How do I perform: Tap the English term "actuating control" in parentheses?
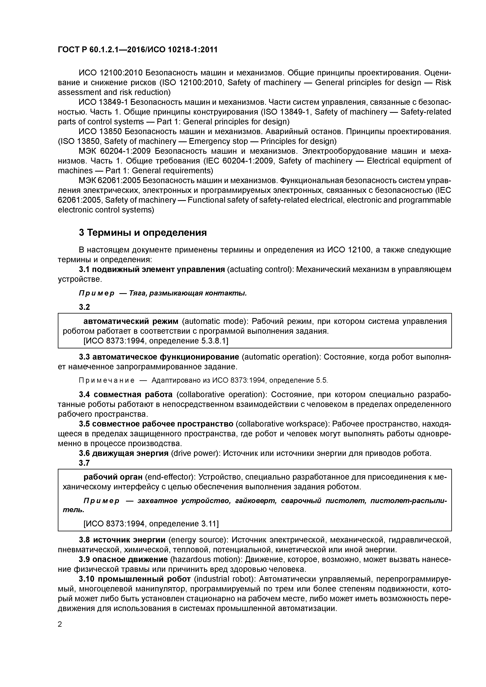pos(260,270)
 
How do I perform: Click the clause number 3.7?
pos(84,463)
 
